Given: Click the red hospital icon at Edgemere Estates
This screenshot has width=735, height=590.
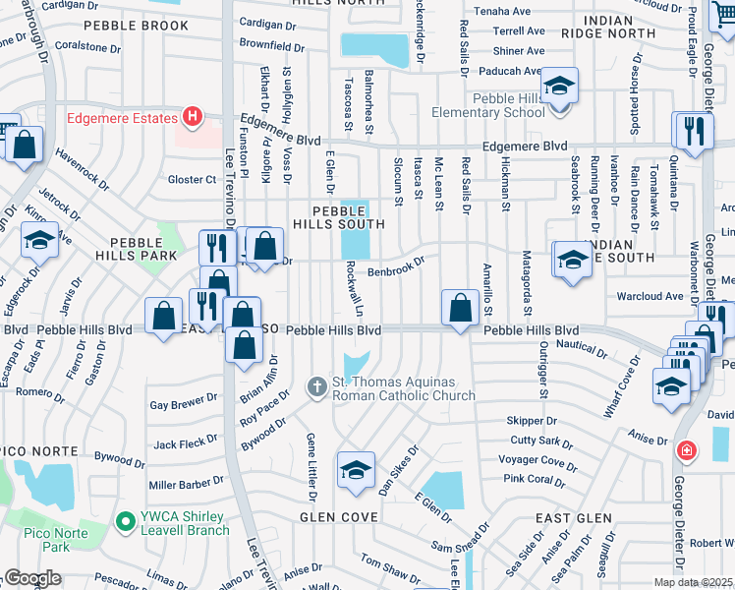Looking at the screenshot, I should pos(193,118).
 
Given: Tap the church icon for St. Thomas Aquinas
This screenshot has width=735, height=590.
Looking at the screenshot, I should pos(316,387).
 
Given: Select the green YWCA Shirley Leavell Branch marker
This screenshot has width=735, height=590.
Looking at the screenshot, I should pos(124,520).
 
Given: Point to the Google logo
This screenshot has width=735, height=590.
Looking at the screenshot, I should pos(32,578).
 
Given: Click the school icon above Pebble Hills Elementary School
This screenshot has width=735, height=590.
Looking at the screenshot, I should pos(559,88).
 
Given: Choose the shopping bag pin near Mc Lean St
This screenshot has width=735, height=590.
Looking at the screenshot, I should pos(460,309).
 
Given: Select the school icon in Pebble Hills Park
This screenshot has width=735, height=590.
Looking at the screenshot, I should pos(38,241).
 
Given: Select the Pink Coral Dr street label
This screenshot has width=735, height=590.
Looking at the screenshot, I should pos(534,480).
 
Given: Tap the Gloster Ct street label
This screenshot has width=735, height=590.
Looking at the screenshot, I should pos(192,179).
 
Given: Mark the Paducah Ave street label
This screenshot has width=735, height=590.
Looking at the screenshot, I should pos(511,71).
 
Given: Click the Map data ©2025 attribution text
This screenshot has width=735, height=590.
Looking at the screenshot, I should pos(694,582).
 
